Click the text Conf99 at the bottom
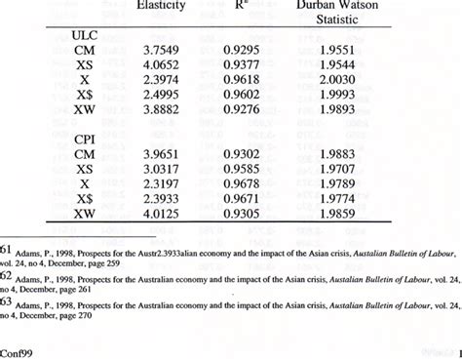click(x=19, y=348)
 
